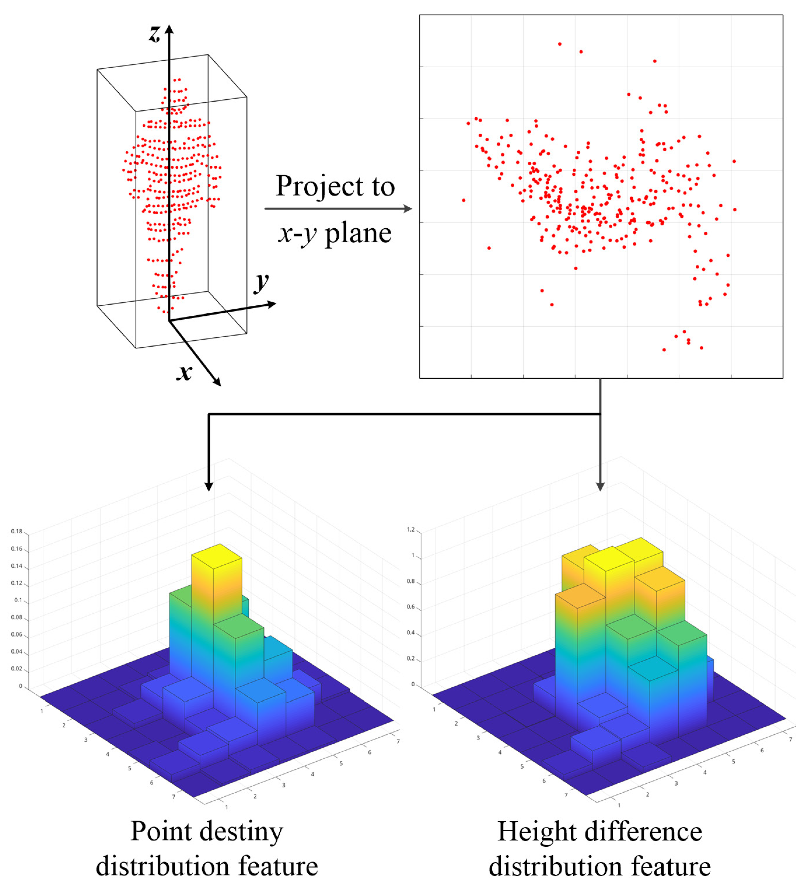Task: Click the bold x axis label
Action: coord(184,372)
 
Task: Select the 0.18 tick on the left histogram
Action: coord(17,531)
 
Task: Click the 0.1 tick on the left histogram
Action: coord(18,600)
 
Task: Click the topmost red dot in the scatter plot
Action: coord(559,44)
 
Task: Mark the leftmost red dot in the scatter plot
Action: coord(464,200)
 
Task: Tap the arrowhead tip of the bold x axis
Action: coord(220,386)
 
